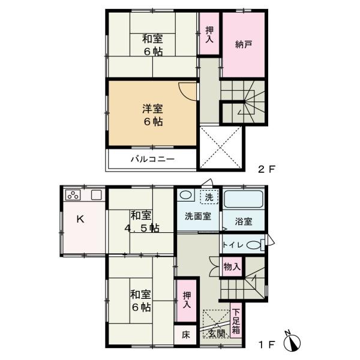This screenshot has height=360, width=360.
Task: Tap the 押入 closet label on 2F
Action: [x=209, y=35]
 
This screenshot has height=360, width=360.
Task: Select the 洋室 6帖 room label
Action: [x=152, y=113]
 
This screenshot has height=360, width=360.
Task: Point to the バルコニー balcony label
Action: [x=152, y=159]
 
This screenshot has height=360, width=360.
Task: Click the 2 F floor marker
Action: [x=266, y=170]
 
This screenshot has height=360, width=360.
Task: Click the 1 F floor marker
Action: [x=266, y=345]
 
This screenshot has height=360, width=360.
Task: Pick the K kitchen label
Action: [x=79, y=220]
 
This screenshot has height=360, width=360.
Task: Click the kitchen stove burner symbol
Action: [x=74, y=195]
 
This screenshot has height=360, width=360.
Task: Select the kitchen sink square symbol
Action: [x=96, y=195]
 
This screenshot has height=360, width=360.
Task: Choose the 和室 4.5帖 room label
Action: [x=143, y=221]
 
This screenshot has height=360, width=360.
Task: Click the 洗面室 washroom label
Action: [x=197, y=217]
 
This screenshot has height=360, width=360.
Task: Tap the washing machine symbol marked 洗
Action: [x=209, y=197]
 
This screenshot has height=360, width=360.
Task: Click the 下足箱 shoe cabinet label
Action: [x=237, y=321]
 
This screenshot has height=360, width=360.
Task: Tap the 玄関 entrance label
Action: [x=217, y=334]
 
